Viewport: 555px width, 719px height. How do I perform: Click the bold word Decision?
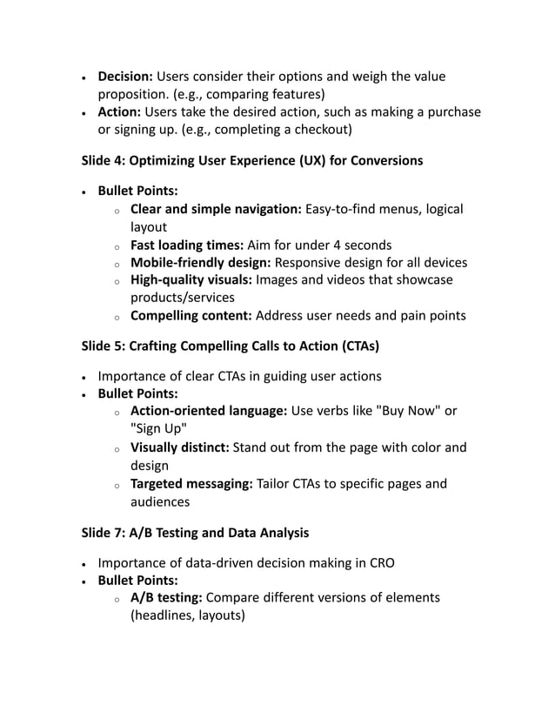[x=125, y=77]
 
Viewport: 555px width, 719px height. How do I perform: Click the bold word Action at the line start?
[x=119, y=112]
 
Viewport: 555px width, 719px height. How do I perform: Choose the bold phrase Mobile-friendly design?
[x=200, y=262]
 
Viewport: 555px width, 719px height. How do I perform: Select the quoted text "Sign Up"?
[x=157, y=429]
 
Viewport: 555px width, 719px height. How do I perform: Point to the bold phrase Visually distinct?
[x=179, y=447]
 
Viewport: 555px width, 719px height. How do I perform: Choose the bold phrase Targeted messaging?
[x=191, y=484]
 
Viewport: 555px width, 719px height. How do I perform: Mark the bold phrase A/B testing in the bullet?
[x=166, y=597]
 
